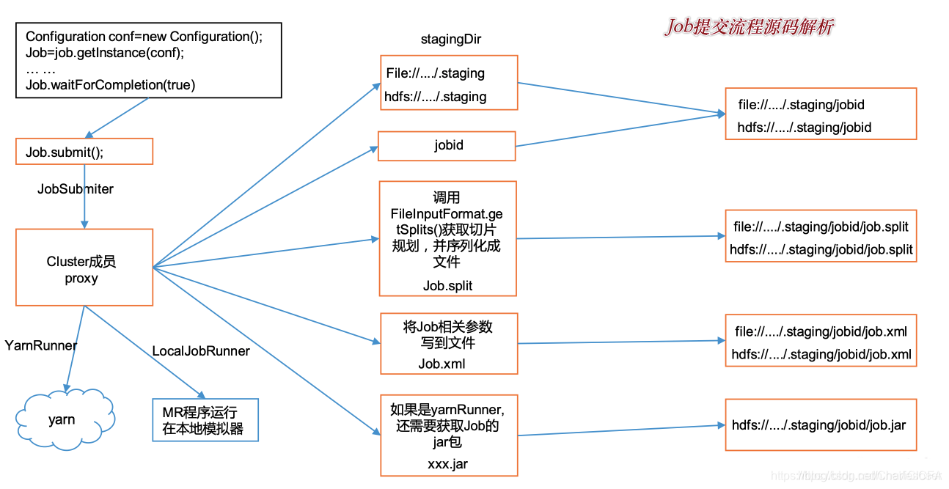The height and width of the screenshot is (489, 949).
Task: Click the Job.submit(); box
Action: [x=84, y=152]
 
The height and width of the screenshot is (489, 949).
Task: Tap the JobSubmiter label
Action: [x=76, y=189]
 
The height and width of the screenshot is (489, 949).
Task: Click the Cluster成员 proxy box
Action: [x=84, y=268]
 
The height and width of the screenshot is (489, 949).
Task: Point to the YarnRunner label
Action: [x=41, y=345]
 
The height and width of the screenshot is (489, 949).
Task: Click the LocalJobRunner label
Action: [x=201, y=351]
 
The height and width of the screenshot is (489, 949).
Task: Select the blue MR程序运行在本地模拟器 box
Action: [x=205, y=420]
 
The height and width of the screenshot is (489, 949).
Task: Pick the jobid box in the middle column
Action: [x=447, y=145]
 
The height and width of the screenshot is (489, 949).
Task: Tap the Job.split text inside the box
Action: [x=447, y=286]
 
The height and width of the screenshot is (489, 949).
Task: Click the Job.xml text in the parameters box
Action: [x=441, y=364]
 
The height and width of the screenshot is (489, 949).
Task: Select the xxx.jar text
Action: [x=447, y=464]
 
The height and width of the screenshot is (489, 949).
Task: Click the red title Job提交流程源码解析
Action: [x=749, y=27]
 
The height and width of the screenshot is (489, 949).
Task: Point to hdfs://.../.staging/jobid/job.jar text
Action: [x=818, y=425]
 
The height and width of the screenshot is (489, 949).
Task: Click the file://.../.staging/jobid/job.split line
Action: [x=821, y=227]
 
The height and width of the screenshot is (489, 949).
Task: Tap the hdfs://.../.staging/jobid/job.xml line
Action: [x=821, y=355]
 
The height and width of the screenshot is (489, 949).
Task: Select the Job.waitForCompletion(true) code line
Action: [x=111, y=85]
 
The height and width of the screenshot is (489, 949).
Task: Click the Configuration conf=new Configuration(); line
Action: [x=144, y=37]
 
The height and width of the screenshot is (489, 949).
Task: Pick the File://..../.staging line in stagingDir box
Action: [x=436, y=73]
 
